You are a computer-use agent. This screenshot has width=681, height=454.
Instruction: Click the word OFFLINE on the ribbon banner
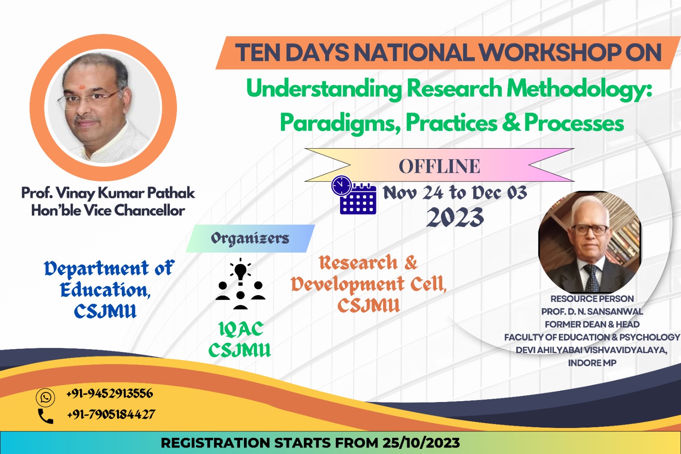point(439,166)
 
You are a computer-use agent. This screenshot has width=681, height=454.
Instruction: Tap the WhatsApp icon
point(45,397)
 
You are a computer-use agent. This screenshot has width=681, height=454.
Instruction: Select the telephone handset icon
point(46,416)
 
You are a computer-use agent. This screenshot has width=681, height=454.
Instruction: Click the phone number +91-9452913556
point(109,394)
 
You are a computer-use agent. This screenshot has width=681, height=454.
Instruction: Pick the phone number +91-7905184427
point(111,414)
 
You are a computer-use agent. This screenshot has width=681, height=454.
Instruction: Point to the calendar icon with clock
point(354,195)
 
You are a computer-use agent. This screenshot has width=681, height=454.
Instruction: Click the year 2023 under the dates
point(455,217)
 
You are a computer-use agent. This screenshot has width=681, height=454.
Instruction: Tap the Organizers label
point(250,238)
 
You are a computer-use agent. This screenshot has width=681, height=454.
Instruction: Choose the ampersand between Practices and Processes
point(511,123)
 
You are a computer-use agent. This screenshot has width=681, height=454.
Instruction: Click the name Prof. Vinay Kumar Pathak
point(108,193)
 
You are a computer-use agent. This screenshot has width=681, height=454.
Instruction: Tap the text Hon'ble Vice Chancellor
point(108,210)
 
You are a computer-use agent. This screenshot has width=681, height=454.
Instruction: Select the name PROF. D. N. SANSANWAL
point(592,312)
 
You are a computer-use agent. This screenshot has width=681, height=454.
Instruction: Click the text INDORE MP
point(592,363)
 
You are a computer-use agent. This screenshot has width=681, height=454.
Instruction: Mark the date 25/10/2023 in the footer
point(421,443)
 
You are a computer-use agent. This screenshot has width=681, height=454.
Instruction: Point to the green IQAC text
point(241,330)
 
